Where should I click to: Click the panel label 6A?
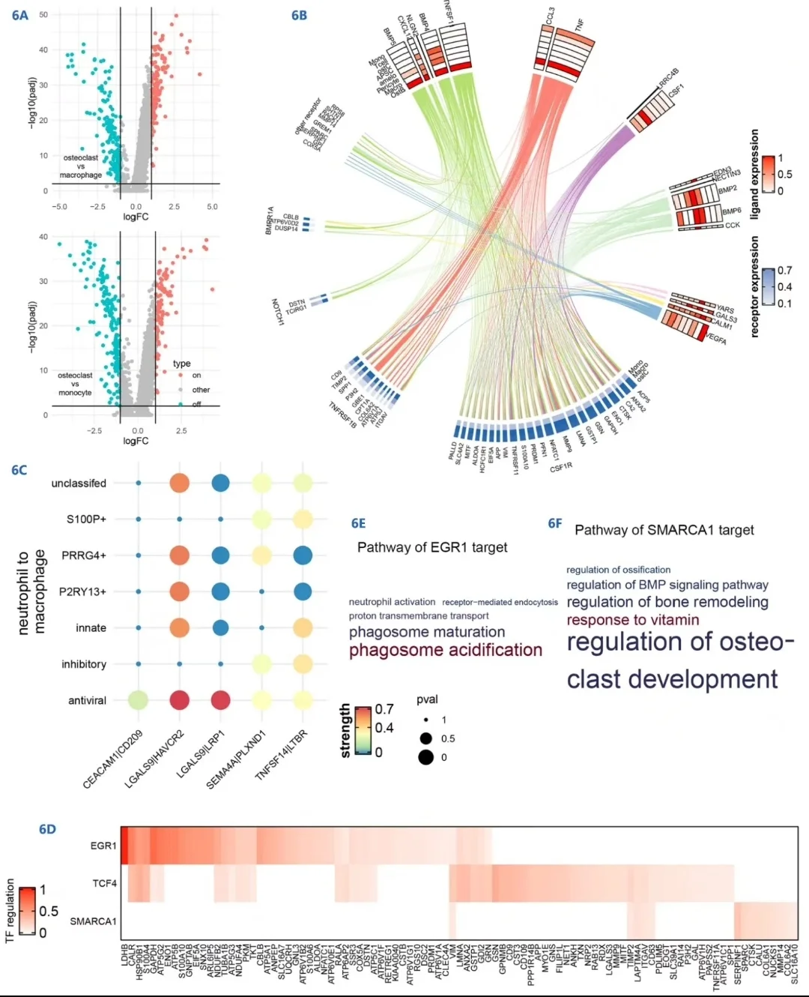coord(20,15)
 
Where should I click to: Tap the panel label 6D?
coord(47,829)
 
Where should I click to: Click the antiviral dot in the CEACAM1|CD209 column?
coord(138,700)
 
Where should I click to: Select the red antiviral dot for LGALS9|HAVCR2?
coord(179,700)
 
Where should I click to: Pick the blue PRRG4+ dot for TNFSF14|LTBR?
coord(303,555)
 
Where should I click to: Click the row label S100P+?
coord(86,519)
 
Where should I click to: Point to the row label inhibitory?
coord(84,664)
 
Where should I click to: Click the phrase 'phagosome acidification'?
coord(445,650)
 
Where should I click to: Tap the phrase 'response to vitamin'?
coord(632,620)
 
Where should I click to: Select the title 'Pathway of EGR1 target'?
coord(432,547)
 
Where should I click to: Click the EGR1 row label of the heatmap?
coord(103,846)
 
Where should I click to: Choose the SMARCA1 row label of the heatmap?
coord(93,921)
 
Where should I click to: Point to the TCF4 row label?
coord(105,884)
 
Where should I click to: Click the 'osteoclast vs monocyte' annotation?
coord(75,384)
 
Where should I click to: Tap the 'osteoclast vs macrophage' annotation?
coord(80,166)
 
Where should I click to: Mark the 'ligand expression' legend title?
coord(754,174)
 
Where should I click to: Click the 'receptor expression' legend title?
coord(754,286)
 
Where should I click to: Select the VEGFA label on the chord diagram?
coord(716,340)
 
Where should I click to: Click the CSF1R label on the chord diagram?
coord(561,467)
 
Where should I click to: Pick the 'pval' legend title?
coord(427,699)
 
